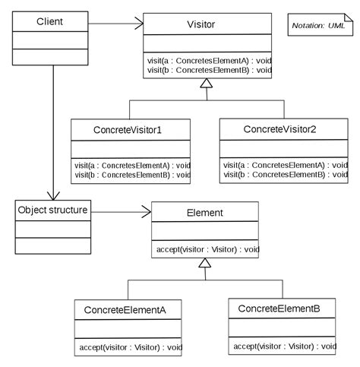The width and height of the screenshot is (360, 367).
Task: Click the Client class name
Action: [49, 21]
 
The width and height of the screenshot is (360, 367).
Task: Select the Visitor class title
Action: [201, 24]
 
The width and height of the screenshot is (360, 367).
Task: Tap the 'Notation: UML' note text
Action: [318, 26]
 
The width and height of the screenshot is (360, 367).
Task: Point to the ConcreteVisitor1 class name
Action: [128, 130]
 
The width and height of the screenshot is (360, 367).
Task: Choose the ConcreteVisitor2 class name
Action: [279, 129]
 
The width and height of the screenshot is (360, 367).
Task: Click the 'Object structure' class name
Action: [52, 210]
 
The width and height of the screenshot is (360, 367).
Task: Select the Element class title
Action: [205, 213]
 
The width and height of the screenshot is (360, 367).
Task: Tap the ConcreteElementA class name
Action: [125, 310]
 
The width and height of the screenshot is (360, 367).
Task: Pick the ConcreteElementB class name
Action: [279, 308]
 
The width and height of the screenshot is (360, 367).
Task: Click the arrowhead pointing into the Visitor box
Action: [139, 24]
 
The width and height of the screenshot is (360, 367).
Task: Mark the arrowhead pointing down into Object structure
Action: [53, 196]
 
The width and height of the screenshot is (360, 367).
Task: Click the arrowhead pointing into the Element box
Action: [147, 212]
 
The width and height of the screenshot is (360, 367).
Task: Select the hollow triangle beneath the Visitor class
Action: [207, 84]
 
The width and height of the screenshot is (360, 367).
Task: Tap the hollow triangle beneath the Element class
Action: [205, 263]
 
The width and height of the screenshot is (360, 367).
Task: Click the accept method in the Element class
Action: [208, 249]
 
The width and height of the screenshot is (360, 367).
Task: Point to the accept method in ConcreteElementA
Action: [131, 347]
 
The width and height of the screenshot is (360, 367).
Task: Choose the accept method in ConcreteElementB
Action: [285, 346]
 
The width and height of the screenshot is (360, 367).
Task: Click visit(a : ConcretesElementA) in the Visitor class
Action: [210, 61]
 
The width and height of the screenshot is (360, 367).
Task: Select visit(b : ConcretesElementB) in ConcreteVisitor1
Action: [132, 175]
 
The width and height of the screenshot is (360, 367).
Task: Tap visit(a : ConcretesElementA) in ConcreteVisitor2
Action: [286, 165]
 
